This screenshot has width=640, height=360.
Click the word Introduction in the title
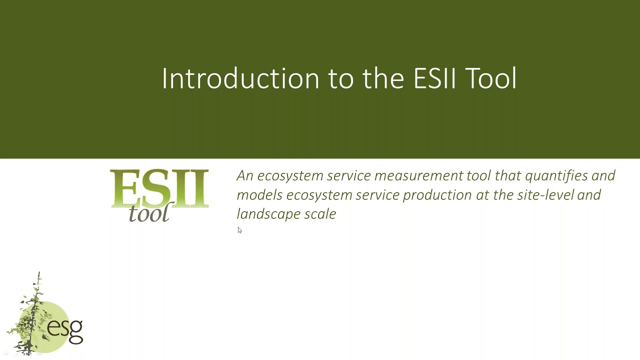[x=240, y=78]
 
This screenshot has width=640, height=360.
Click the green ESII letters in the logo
[x=159, y=188]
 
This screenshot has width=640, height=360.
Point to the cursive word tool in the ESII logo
[x=149, y=213]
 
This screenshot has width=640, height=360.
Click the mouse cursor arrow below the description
[x=239, y=230]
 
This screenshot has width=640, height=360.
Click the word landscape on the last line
[x=268, y=214]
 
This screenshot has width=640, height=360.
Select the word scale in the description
[x=320, y=214]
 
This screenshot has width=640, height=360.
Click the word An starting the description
[x=245, y=175]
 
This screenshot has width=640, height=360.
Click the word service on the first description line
[x=348, y=175]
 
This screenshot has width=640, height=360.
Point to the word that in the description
[x=507, y=175]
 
